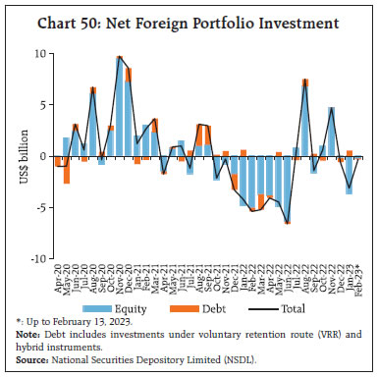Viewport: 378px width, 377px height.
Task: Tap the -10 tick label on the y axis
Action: pos(35,258)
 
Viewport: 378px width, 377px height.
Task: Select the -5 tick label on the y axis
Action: pos(37,207)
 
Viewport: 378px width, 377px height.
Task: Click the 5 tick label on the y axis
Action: pos(39,104)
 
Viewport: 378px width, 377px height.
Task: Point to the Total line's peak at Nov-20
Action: pos(119,57)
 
